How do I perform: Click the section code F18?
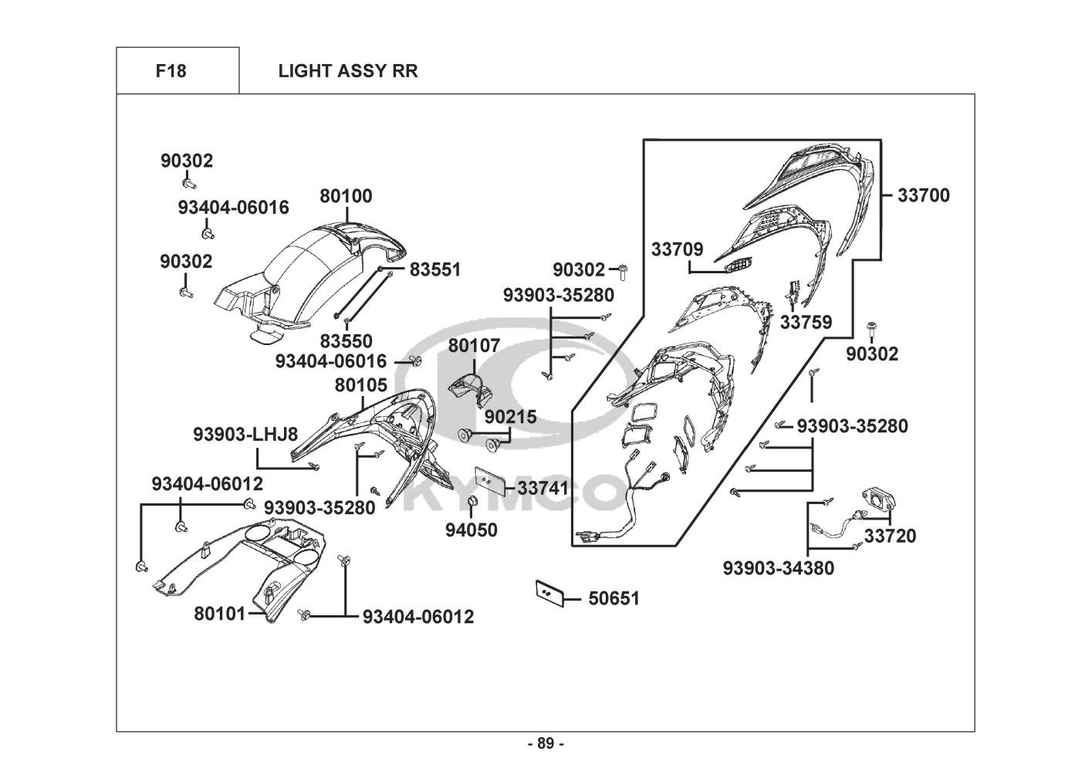click(x=171, y=71)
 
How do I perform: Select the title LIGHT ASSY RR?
click(x=348, y=71)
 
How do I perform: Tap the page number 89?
click(x=546, y=743)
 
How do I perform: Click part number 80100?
click(x=346, y=196)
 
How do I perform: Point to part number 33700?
click(x=923, y=195)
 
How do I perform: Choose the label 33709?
click(x=677, y=249)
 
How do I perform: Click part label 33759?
click(x=806, y=322)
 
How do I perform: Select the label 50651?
click(x=614, y=598)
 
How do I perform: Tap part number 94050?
click(x=471, y=530)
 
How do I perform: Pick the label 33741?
click(x=543, y=488)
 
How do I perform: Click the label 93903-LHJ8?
click(x=245, y=435)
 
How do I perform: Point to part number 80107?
click(x=474, y=345)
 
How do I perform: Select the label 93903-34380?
click(x=778, y=568)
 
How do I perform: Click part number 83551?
click(x=434, y=269)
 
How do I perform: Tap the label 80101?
click(x=219, y=614)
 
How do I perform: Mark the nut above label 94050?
click(x=475, y=505)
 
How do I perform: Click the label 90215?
click(x=510, y=417)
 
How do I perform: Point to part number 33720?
click(x=890, y=535)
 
